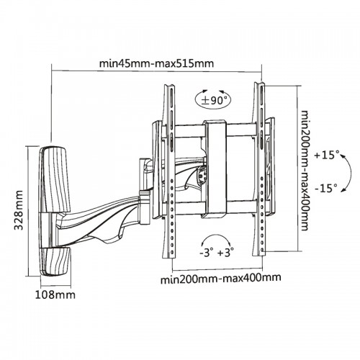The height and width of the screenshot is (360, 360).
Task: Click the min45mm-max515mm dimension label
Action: click(156, 64)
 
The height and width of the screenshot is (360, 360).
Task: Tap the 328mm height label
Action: click(19, 210)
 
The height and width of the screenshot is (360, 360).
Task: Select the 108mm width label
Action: click(55, 294)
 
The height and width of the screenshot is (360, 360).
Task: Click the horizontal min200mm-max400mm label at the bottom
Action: click(220, 279)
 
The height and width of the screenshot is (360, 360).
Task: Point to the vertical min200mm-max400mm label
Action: click(305, 171)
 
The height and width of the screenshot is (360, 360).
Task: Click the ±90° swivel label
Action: click(213, 100)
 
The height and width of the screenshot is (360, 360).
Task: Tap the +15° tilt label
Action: click(327, 155)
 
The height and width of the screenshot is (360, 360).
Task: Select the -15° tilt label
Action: click(327, 188)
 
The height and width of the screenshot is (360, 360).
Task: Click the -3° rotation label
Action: click(206, 253)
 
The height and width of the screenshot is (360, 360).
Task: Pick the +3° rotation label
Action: click(226, 253)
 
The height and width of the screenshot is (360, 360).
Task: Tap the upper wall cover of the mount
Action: click(54, 179)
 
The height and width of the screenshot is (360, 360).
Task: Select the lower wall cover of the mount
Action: click(55, 262)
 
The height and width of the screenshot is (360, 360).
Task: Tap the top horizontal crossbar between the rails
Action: click(214, 130)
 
